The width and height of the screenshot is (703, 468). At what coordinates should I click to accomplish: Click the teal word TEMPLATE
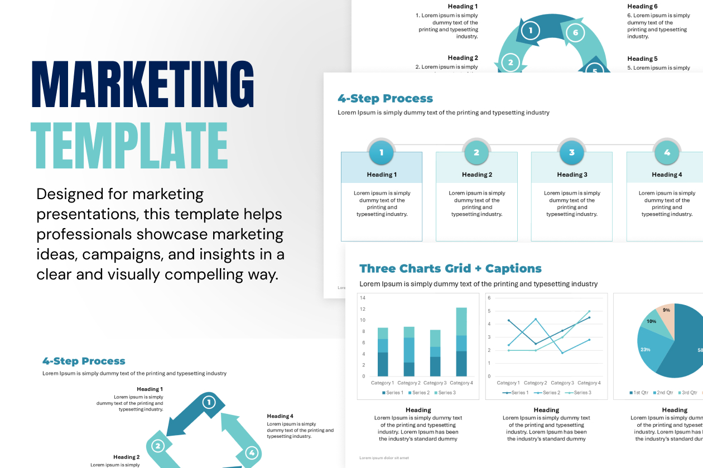point(129,146)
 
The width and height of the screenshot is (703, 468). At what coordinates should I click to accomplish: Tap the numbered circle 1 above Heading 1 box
point(382,152)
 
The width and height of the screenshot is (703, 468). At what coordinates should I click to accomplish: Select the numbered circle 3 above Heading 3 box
point(571,152)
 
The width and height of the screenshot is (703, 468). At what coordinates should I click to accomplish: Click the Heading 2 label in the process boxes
point(476,175)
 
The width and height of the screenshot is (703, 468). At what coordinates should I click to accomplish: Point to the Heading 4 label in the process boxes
point(667,175)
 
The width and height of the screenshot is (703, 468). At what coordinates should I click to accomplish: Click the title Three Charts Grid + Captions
point(450,268)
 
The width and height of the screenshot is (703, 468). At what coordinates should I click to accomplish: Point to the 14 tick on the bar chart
point(363,298)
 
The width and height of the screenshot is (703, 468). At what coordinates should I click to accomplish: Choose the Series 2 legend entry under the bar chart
point(418,393)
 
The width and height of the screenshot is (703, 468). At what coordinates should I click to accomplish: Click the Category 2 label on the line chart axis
point(535,383)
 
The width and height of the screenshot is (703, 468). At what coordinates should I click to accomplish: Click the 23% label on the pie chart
point(646,350)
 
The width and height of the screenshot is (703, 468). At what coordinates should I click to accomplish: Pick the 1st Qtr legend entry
point(638,393)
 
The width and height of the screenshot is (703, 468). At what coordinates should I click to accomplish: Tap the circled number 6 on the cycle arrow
point(575,32)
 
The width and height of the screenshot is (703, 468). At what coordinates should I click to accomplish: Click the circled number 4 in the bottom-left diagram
point(252,452)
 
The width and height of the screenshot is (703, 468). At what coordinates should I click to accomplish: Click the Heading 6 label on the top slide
point(642,7)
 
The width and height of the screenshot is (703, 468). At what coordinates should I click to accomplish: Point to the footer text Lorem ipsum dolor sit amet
point(384,457)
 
